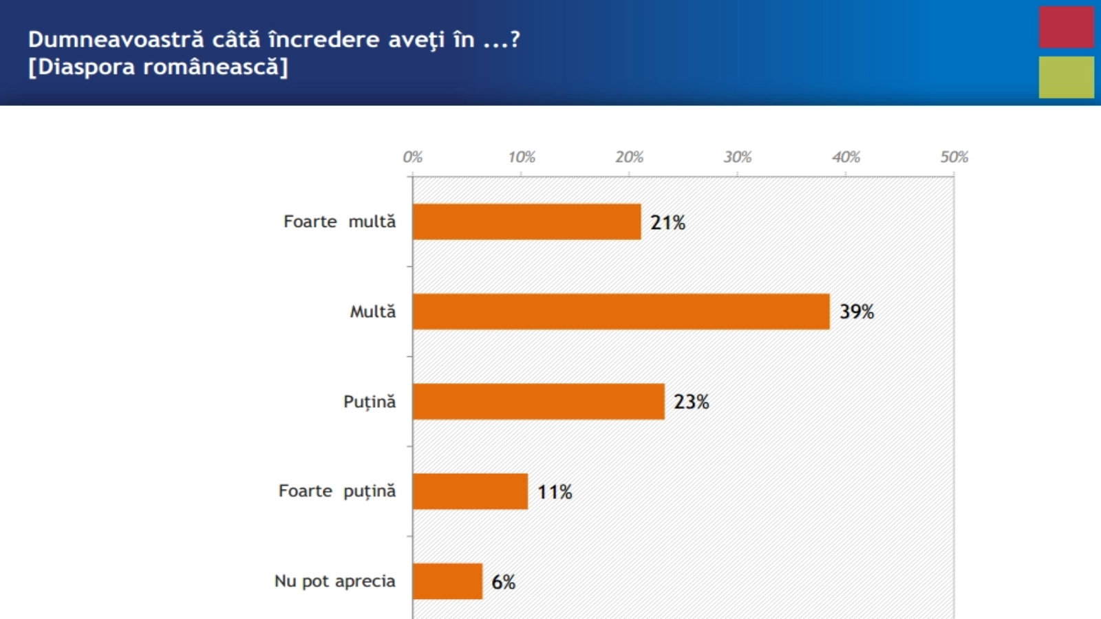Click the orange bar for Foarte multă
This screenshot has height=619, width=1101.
526,221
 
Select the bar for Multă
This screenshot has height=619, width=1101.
621,312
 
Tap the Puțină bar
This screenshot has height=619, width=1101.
538,402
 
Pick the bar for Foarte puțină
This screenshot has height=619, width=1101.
470,491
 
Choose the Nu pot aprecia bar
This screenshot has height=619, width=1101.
447,581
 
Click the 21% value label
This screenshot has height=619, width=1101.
667,223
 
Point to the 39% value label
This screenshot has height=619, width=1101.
857,312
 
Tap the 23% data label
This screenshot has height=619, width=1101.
691,402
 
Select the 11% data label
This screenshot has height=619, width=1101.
555,492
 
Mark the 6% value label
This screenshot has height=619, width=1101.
503,582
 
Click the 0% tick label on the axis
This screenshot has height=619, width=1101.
412,158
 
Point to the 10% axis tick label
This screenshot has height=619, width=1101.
521,158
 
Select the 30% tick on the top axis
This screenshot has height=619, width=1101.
737,158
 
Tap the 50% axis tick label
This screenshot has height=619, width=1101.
954,158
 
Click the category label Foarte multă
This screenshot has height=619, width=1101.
339,221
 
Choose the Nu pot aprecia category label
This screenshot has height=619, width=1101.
334,581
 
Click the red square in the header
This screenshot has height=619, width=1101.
1066,27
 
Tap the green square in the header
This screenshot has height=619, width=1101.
1066,77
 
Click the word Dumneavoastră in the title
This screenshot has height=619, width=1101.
116,40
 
